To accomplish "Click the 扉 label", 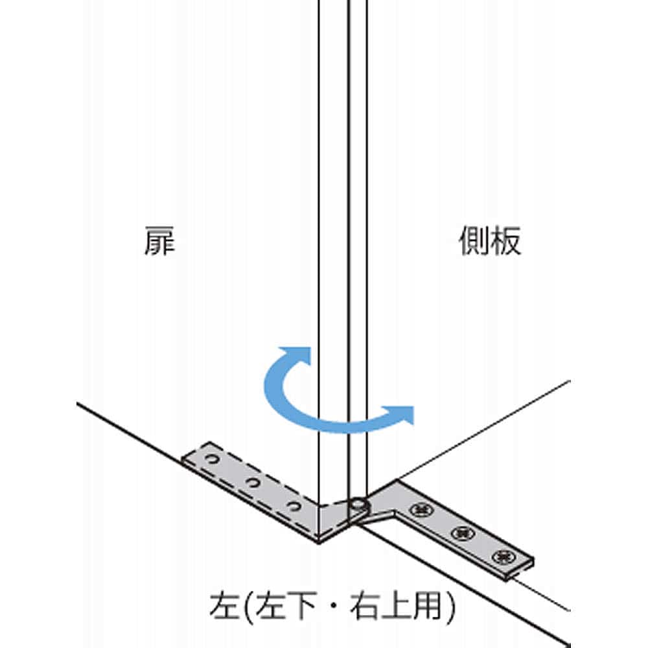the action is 159,241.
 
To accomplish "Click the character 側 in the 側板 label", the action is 474,241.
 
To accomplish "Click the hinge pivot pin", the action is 357,505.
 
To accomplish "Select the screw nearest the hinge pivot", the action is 421,509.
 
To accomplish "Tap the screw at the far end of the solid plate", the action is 503,557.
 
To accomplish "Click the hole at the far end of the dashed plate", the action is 212,459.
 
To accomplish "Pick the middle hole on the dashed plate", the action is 253,482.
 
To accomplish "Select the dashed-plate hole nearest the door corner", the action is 294,506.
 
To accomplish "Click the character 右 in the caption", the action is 364,607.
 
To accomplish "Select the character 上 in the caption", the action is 395,607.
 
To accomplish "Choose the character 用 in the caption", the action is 426,607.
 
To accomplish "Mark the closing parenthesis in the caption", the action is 449,607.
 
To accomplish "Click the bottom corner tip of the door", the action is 319,542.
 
